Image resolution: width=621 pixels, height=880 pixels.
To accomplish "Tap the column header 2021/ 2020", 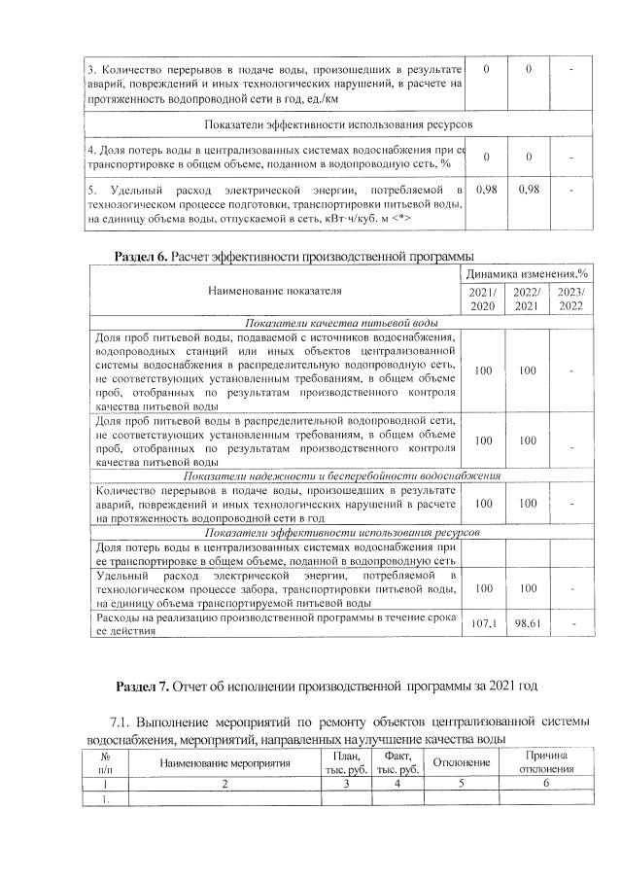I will click(x=484, y=299).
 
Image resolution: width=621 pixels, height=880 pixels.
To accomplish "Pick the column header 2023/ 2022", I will click(x=570, y=299).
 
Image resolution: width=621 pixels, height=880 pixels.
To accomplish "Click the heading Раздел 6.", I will click(x=142, y=255).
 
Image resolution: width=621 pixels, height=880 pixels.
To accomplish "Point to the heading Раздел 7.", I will click(x=142, y=686).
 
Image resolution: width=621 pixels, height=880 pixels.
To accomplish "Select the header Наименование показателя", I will click(x=275, y=290).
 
